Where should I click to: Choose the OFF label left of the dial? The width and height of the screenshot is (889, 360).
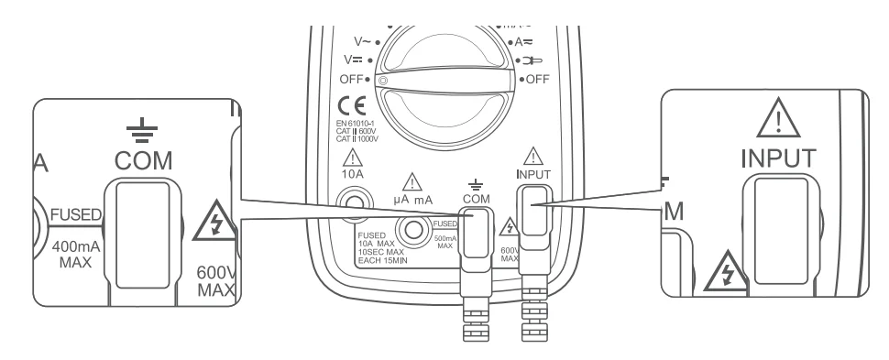point(353,79)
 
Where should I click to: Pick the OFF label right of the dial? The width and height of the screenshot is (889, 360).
point(533,80)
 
